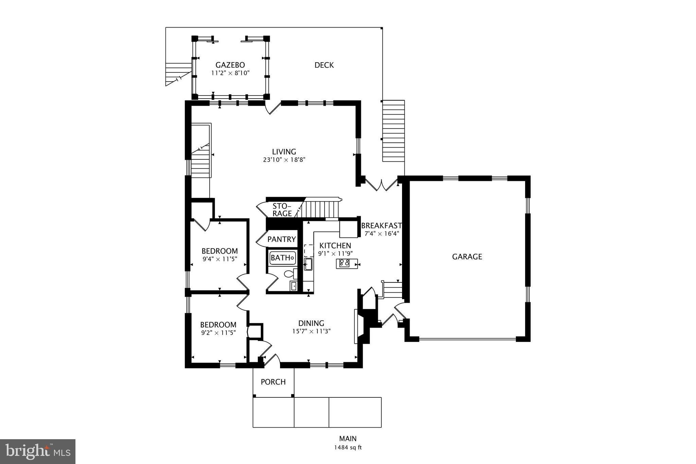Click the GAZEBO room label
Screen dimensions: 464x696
[230, 65]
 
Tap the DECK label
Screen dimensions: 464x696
[324, 65]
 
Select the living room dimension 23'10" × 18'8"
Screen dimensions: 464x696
[284, 159]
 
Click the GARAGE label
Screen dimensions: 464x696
[467, 257]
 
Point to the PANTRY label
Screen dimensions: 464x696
[281, 239]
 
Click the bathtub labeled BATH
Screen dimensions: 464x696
[282, 258]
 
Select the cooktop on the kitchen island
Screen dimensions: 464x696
[345, 263]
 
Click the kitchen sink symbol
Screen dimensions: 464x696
[308, 264]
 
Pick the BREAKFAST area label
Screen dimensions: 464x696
[381, 226]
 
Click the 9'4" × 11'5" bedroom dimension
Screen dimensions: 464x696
[220, 259]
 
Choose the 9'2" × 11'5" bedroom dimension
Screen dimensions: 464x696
[218, 332]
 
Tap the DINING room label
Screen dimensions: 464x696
[311, 323]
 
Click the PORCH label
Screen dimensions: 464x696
[273, 382]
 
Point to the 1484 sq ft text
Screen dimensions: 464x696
[348, 447]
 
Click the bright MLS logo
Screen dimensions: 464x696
[37, 451]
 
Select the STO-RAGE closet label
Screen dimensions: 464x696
[282, 210]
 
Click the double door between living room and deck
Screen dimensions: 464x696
[381, 185]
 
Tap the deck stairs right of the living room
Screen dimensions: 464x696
[394, 131]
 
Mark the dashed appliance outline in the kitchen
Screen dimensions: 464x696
[309, 250]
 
